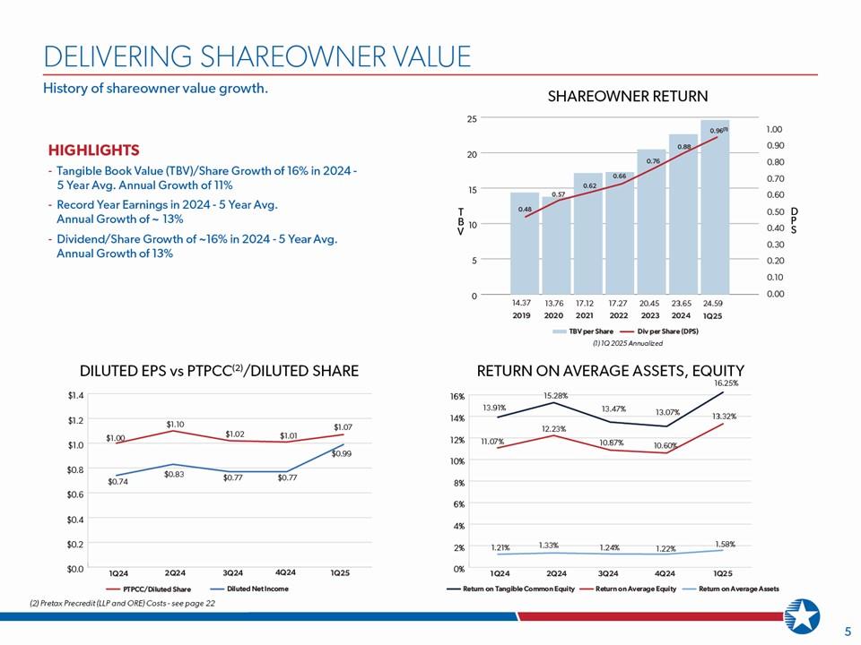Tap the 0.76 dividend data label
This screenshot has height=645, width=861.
pyautogui.click(x=653, y=161)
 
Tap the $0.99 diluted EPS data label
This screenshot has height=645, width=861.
pyautogui.click(x=341, y=453)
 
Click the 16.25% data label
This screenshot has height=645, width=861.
pyautogui.click(x=729, y=383)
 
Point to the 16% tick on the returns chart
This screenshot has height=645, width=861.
pyautogui.click(x=456, y=396)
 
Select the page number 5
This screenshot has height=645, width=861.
pyautogui.click(x=848, y=632)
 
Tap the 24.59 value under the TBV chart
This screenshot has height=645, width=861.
pyautogui.click(x=714, y=303)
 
